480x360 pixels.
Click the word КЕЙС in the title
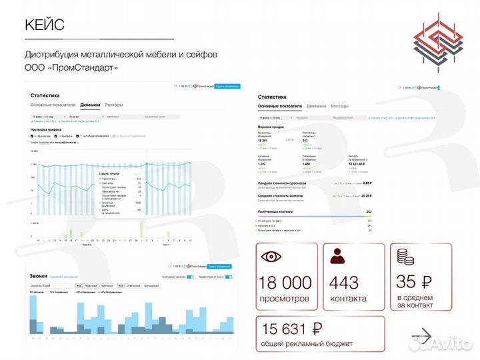click(44, 25)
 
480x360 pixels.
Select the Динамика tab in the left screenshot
click(90, 105)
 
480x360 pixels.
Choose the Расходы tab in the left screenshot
click(114, 105)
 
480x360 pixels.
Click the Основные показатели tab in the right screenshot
click(280, 106)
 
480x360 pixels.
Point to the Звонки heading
click(39, 275)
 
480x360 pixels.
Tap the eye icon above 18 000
click(271, 257)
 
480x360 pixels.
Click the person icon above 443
click(337, 257)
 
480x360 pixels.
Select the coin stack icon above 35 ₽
click(404, 257)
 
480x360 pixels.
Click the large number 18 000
click(284, 283)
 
